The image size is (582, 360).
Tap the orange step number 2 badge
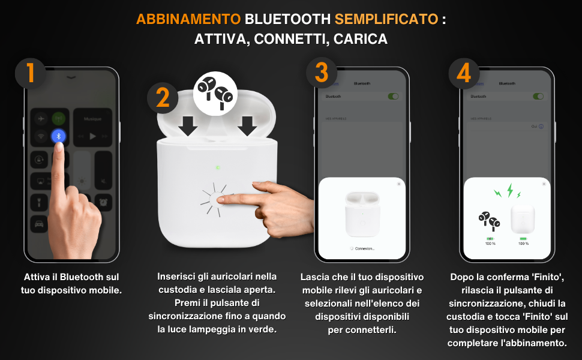click(x=162, y=98)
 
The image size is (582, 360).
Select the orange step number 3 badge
click(x=322, y=74)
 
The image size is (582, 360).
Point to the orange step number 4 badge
click(x=464, y=74)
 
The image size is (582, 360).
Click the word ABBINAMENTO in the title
click(x=188, y=19)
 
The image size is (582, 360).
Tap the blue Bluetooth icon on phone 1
click(x=58, y=136)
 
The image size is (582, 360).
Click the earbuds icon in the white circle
click(x=215, y=92)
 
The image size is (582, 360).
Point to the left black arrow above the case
click(x=188, y=125)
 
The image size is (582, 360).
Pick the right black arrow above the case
click(x=247, y=125)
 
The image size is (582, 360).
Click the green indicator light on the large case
click(x=218, y=167)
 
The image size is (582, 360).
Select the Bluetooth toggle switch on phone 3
click(x=394, y=96)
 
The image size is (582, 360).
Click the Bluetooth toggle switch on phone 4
click(x=539, y=96)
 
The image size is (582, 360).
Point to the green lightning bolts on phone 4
click(x=508, y=192)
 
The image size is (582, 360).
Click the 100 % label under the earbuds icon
click(x=490, y=244)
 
